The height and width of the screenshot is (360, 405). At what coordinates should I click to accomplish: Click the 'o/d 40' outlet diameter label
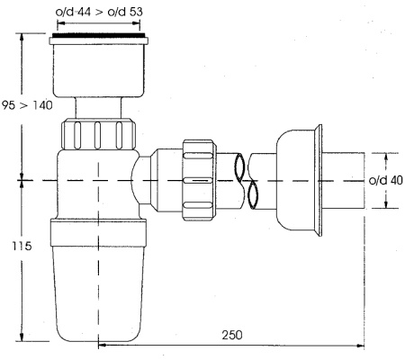point(385,180)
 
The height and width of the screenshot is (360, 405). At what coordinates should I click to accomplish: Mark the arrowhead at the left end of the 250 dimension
point(102,343)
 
